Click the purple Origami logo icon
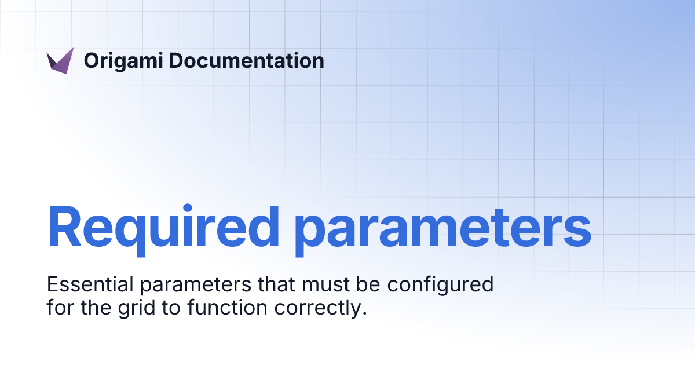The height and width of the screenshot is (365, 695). coord(60,60)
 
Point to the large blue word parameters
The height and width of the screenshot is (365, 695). coord(442,227)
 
